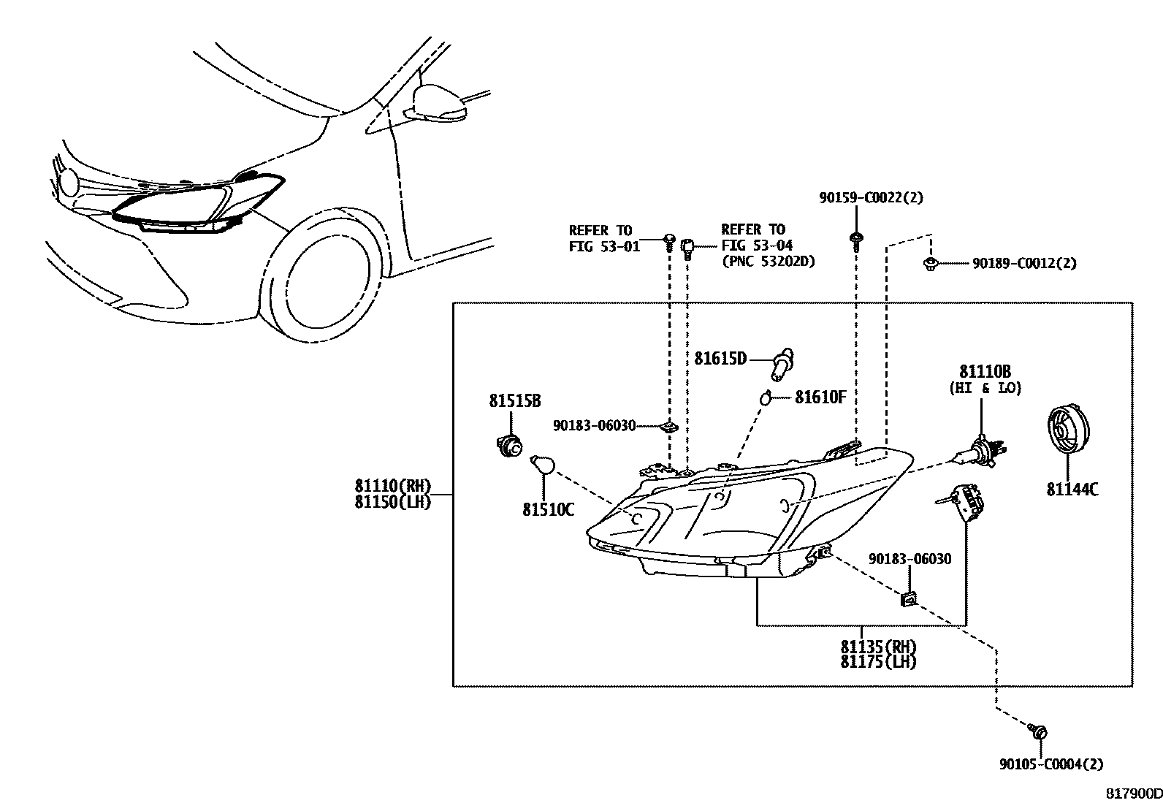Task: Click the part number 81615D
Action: tap(720, 358)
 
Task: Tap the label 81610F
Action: tap(820, 397)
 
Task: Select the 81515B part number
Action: tap(514, 400)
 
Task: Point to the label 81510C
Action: tap(549, 510)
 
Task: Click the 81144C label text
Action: tap(1072, 490)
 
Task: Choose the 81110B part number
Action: tap(985, 371)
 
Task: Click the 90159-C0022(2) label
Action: tap(872, 198)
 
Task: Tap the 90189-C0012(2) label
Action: tap(1024, 263)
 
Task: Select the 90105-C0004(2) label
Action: tap(1051, 764)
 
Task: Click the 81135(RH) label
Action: tap(879, 647)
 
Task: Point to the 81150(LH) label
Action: tap(393, 502)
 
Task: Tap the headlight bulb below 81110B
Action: tap(980, 451)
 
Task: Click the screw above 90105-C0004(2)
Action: tap(1037, 731)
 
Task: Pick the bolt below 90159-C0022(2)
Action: tap(855, 243)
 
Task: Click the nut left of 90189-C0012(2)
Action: tap(931, 264)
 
